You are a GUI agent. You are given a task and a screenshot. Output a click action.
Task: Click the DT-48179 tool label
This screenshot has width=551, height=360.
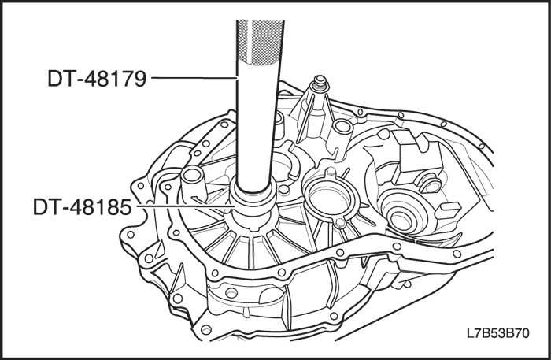tap(97, 79)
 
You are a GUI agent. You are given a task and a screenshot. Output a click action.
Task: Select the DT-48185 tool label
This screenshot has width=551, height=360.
tap(82, 206)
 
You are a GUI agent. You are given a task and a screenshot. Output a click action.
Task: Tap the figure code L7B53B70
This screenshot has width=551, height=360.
tap(498, 332)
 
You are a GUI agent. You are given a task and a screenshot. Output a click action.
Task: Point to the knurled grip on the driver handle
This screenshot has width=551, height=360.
tap(261, 42)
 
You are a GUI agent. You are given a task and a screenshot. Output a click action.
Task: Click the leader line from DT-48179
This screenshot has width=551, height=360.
tap(194, 77)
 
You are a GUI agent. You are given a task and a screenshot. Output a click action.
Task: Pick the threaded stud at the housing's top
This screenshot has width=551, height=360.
tap(320, 84)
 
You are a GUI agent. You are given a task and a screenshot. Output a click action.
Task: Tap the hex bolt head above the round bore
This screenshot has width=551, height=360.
tap(331, 172)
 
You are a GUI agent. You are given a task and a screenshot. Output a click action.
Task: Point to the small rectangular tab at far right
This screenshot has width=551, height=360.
tap(448, 210)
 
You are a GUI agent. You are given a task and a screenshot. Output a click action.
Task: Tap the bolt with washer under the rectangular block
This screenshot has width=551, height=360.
tap(430, 184)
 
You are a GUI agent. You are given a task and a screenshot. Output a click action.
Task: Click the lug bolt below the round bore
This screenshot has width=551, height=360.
tap(340, 224)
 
